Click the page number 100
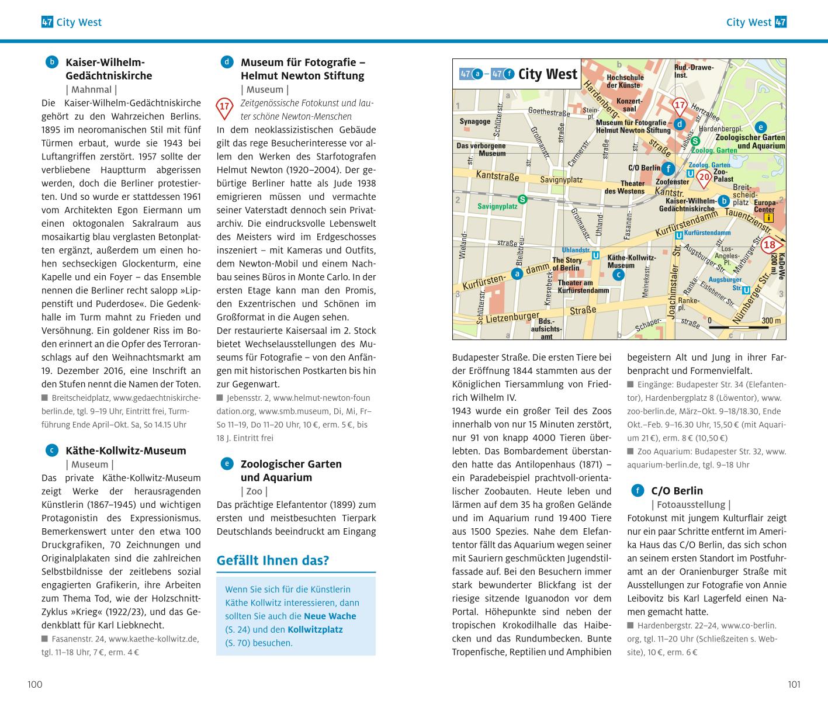(x=35, y=684)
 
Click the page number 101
(x=794, y=684)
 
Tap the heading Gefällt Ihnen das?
(x=273, y=560)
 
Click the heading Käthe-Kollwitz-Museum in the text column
(x=126, y=450)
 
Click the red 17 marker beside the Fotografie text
(x=225, y=107)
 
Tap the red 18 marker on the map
(x=770, y=245)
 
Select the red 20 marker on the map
(x=705, y=176)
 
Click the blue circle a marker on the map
(x=517, y=273)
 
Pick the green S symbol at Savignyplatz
(x=522, y=199)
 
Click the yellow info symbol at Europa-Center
(x=768, y=218)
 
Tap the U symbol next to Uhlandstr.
(x=595, y=255)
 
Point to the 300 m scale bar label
(x=771, y=321)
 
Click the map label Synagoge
(x=474, y=122)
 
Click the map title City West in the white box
(x=548, y=74)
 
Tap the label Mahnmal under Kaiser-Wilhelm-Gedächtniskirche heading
(x=91, y=89)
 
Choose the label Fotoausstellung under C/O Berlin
(x=691, y=504)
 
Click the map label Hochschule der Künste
(x=625, y=81)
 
